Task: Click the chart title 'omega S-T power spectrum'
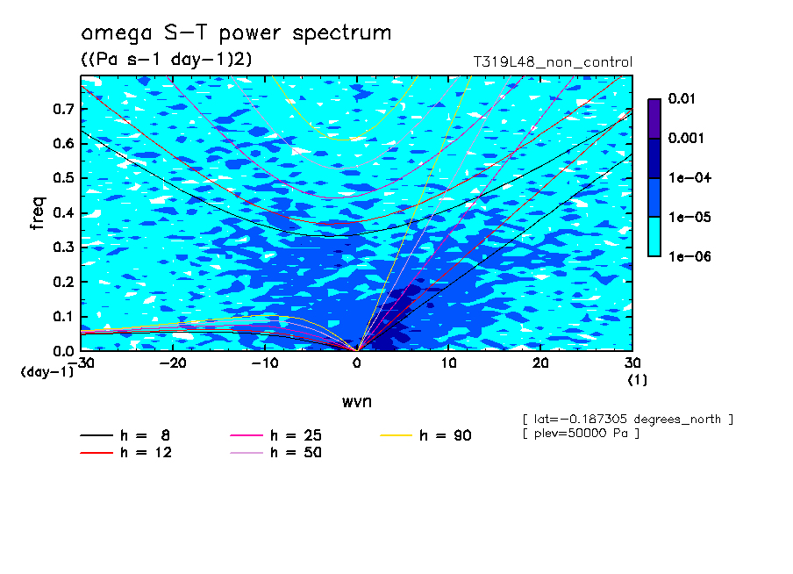tap(236, 34)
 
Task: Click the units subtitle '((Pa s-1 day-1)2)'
tap(167, 60)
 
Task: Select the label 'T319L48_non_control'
tap(553, 62)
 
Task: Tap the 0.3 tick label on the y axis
tap(63, 247)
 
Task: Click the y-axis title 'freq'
tap(38, 213)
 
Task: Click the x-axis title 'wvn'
tap(357, 402)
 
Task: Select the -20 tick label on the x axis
tap(173, 363)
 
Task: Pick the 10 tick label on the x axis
tap(448, 363)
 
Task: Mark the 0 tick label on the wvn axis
tap(357, 363)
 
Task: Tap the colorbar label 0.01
tap(682, 98)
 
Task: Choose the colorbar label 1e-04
tap(689, 177)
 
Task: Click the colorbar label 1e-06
tap(689, 256)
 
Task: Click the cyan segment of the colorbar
tap(654, 237)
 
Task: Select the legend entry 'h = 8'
tap(125, 435)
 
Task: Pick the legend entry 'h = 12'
tap(126, 453)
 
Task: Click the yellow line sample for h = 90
tap(396, 435)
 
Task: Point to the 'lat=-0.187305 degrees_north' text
tap(627, 420)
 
